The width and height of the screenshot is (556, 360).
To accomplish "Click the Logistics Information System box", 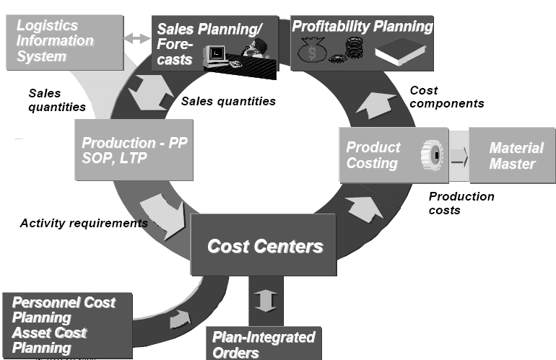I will (62, 41).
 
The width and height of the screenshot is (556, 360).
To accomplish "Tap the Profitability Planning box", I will (362, 43).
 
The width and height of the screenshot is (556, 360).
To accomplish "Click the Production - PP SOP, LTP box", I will (134, 149).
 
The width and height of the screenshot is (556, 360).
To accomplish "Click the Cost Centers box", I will (266, 245).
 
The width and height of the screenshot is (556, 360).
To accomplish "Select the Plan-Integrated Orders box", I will (264, 343).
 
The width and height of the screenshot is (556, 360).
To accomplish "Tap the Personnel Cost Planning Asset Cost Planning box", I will (67, 324).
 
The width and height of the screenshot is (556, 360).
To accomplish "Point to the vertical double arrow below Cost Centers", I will (265, 299).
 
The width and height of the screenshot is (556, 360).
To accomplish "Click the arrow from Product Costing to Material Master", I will (459, 156).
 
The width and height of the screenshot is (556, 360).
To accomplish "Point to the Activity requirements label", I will (84, 223).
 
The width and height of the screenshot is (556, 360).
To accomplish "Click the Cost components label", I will (446, 97).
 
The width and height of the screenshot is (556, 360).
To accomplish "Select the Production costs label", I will (461, 203).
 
